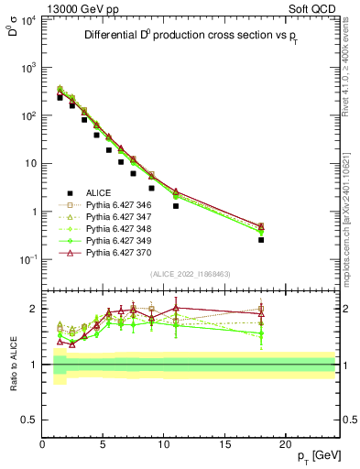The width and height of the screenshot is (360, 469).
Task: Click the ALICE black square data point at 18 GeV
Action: click(x=261, y=240)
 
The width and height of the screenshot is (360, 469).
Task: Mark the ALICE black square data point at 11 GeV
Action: click(x=176, y=206)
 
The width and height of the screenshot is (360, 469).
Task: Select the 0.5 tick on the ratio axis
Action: click(x=29, y=419)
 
